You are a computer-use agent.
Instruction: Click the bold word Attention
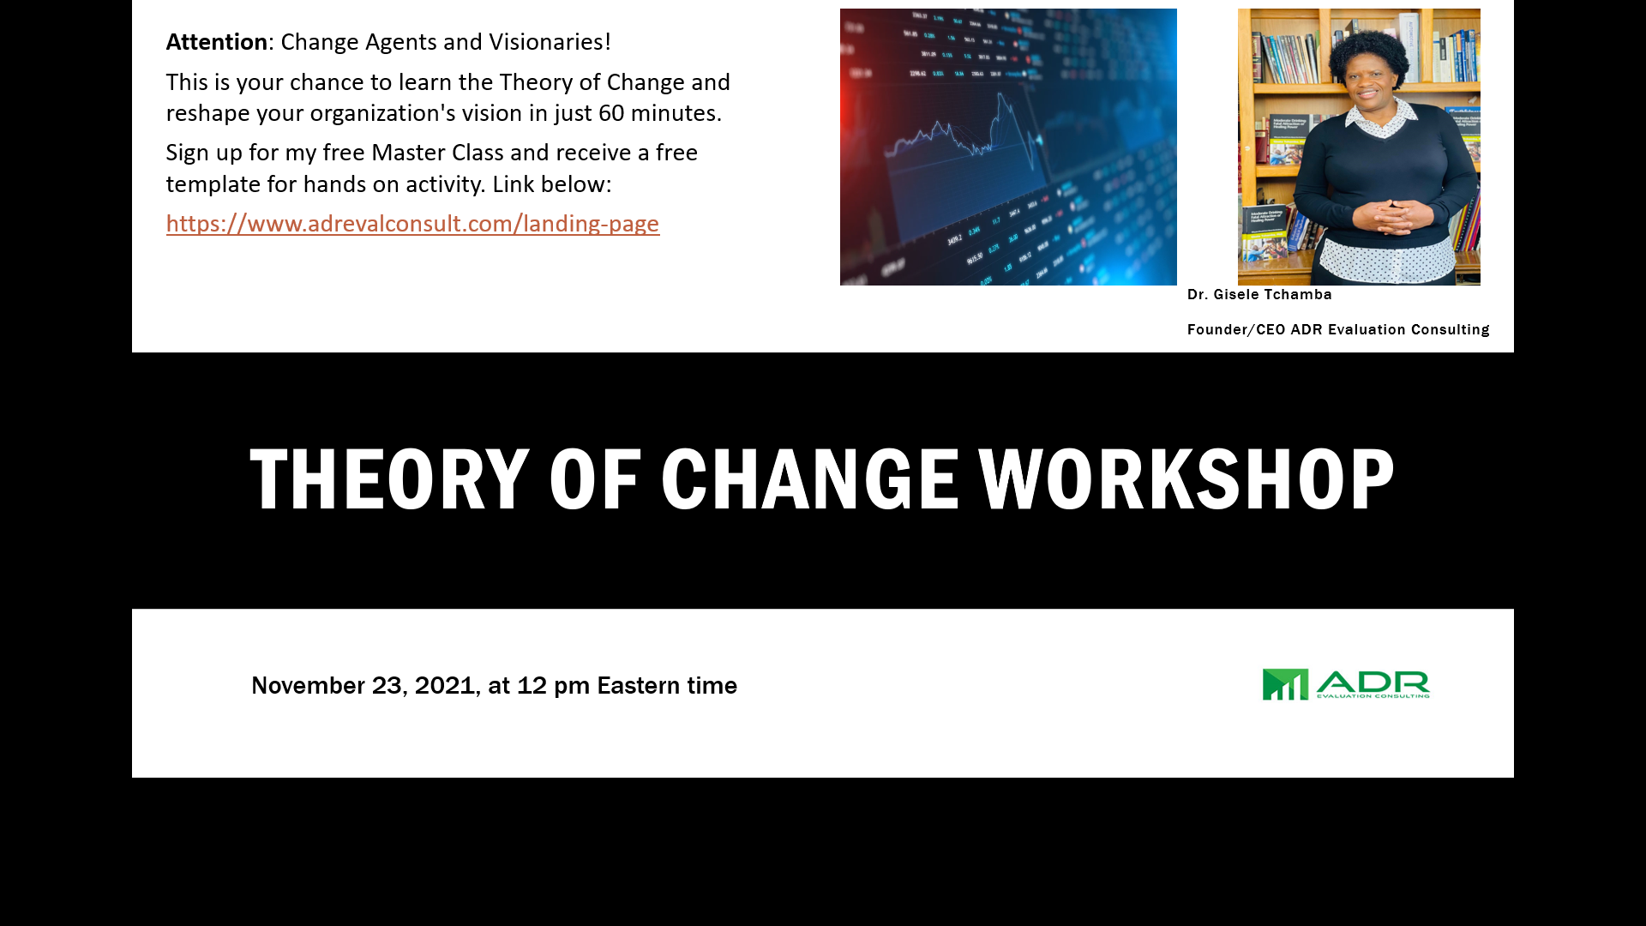217,42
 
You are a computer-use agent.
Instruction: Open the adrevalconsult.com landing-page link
412,224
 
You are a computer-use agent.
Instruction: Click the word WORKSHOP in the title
1186,479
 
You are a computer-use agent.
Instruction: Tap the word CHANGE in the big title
809,479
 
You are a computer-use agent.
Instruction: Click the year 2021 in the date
445,686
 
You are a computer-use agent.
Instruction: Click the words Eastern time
667,686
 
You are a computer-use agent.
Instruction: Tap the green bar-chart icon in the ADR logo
1285,684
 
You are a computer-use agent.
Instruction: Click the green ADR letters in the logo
1373,682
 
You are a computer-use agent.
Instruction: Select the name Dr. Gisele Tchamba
1259,295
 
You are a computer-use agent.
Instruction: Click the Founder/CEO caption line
1338,330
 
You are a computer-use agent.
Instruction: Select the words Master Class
437,153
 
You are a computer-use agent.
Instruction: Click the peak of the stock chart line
1000,93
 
